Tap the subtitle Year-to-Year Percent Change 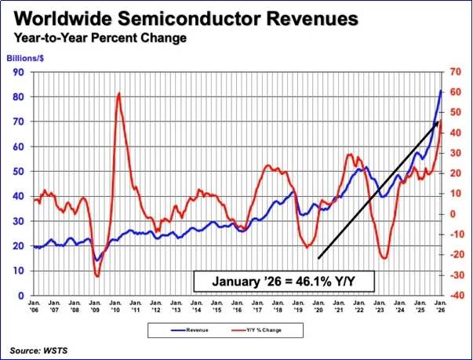click(x=100, y=38)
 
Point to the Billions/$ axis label click(x=25, y=58)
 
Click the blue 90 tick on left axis click(x=18, y=72)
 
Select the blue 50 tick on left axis click(x=18, y=171)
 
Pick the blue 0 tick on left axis click(x=21, y=296)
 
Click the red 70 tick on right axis click(x=455, y=71)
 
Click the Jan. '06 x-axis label click(x=34, y=306)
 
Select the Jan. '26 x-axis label click(x=441, y=306)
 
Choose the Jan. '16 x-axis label click(x=238, y=306)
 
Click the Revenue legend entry click(x=190, y=330)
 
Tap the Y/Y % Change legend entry click(x=257, y=330)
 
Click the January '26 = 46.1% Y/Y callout click(x=283, y=282)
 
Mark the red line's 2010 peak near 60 click(x=119, y=93)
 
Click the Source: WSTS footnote click(x=38, y=351)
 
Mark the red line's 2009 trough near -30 click(x=97, y=276)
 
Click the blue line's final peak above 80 click(x=441, y=90)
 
